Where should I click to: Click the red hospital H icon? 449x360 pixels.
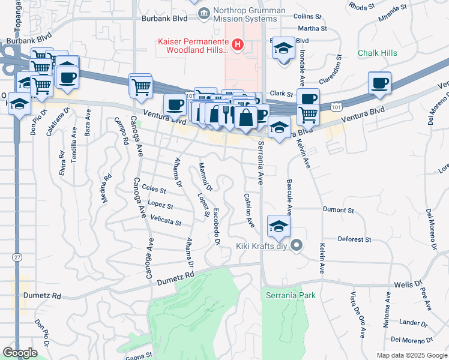pos(238,44)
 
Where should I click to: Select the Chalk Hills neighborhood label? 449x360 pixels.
pos(377,53)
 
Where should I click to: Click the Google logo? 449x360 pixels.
pos(20,353)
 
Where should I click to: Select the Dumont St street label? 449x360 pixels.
pos(338,210)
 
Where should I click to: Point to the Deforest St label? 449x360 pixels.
pos(354,239)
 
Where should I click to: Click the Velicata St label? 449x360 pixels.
pos(166,221)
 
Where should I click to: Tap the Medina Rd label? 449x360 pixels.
pos(106,187)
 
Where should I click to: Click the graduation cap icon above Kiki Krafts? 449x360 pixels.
pos(279,227)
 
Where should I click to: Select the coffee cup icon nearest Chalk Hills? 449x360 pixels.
pos(379,83)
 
